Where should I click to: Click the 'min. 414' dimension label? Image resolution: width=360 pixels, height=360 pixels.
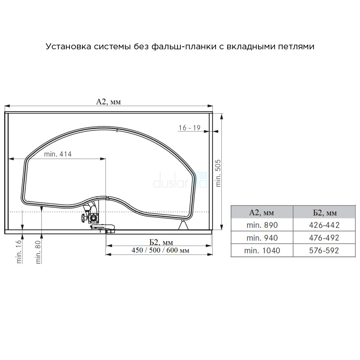(x=58, y=154)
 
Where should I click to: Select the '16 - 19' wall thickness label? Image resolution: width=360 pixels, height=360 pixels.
(x=189, y=128)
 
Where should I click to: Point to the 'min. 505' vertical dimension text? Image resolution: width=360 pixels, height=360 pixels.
(x=218, y=173)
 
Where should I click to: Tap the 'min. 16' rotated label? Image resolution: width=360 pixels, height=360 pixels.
(x=19, y=251)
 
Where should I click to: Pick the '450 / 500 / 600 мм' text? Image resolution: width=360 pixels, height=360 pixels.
(x=160, y=250)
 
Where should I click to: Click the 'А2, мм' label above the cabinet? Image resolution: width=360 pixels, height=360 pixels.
(x=108, y=102)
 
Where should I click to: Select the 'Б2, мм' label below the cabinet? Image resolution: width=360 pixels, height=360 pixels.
(x=161, y=242)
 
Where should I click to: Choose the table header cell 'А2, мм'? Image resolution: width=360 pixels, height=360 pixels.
(x=262, y=212)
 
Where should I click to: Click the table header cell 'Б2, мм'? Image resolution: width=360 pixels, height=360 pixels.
(x=324, y=212)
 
